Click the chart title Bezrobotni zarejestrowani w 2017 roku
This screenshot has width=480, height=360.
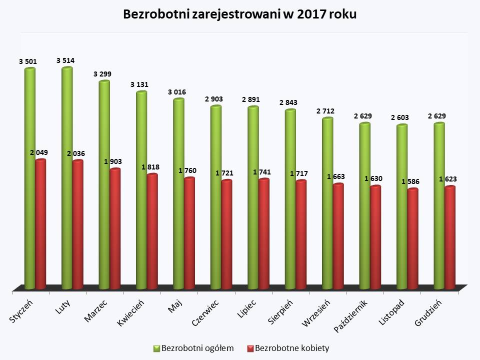(x=240, y=14)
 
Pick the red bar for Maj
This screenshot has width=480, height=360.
(x=189, y=233)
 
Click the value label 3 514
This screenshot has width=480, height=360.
(x=65, y=61)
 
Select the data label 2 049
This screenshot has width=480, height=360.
(x=39, y=152)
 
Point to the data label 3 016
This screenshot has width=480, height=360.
(x=177, y=92)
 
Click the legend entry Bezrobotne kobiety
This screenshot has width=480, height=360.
(x=287, y=348)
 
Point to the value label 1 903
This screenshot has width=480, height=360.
(x=113, y=161)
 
